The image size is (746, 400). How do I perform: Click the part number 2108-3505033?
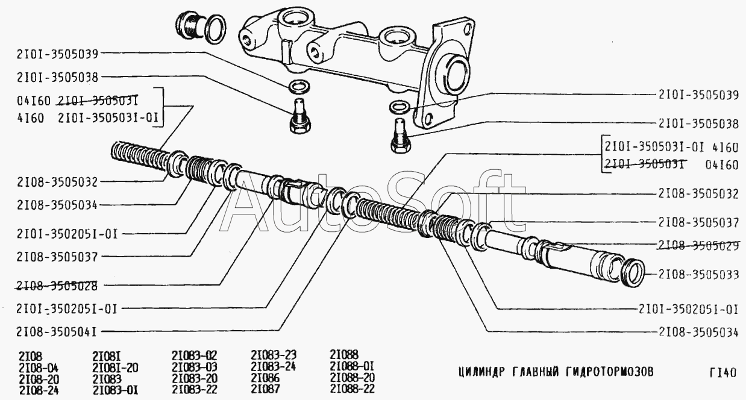pos(698,275)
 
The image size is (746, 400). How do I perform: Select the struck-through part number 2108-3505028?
pos(57,286)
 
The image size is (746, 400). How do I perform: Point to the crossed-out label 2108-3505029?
pos(698,245)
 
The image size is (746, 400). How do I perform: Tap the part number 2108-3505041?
pos(56,332)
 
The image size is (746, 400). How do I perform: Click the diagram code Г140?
pos(722,373)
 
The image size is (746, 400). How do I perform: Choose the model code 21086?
pos(265,378)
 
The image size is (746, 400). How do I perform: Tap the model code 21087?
pos(265,389)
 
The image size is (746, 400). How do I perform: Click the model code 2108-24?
pos(39,390)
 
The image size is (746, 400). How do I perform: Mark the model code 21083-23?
pos(274,355)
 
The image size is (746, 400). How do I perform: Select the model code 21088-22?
pos(353,389)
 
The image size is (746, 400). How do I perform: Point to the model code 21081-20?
pos(115,368)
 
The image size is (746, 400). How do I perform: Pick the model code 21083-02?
pos(195,355)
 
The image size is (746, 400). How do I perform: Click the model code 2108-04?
pos(39,368)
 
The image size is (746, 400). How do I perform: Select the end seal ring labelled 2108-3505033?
pos(633,272)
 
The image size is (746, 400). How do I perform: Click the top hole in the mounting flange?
pos(468,30)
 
